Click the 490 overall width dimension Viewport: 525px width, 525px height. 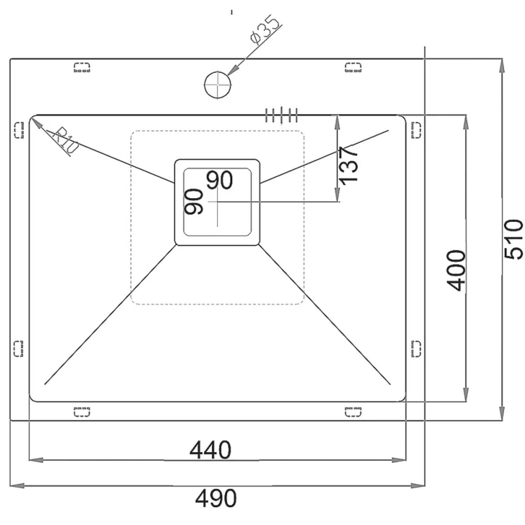click(x=216, y=498)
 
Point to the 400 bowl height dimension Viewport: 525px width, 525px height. click(x=456, y=270)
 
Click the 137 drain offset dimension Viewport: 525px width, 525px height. click(x=348, y=166)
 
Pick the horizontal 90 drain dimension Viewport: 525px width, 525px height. click(x=219, y=180)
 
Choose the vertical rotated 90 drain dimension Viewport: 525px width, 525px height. click(x=194, y=201)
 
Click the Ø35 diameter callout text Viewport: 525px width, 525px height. click(x=264, y=29)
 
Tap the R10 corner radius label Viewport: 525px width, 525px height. click(x=65, y=140)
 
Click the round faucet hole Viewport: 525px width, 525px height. click(x=218, y=84)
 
